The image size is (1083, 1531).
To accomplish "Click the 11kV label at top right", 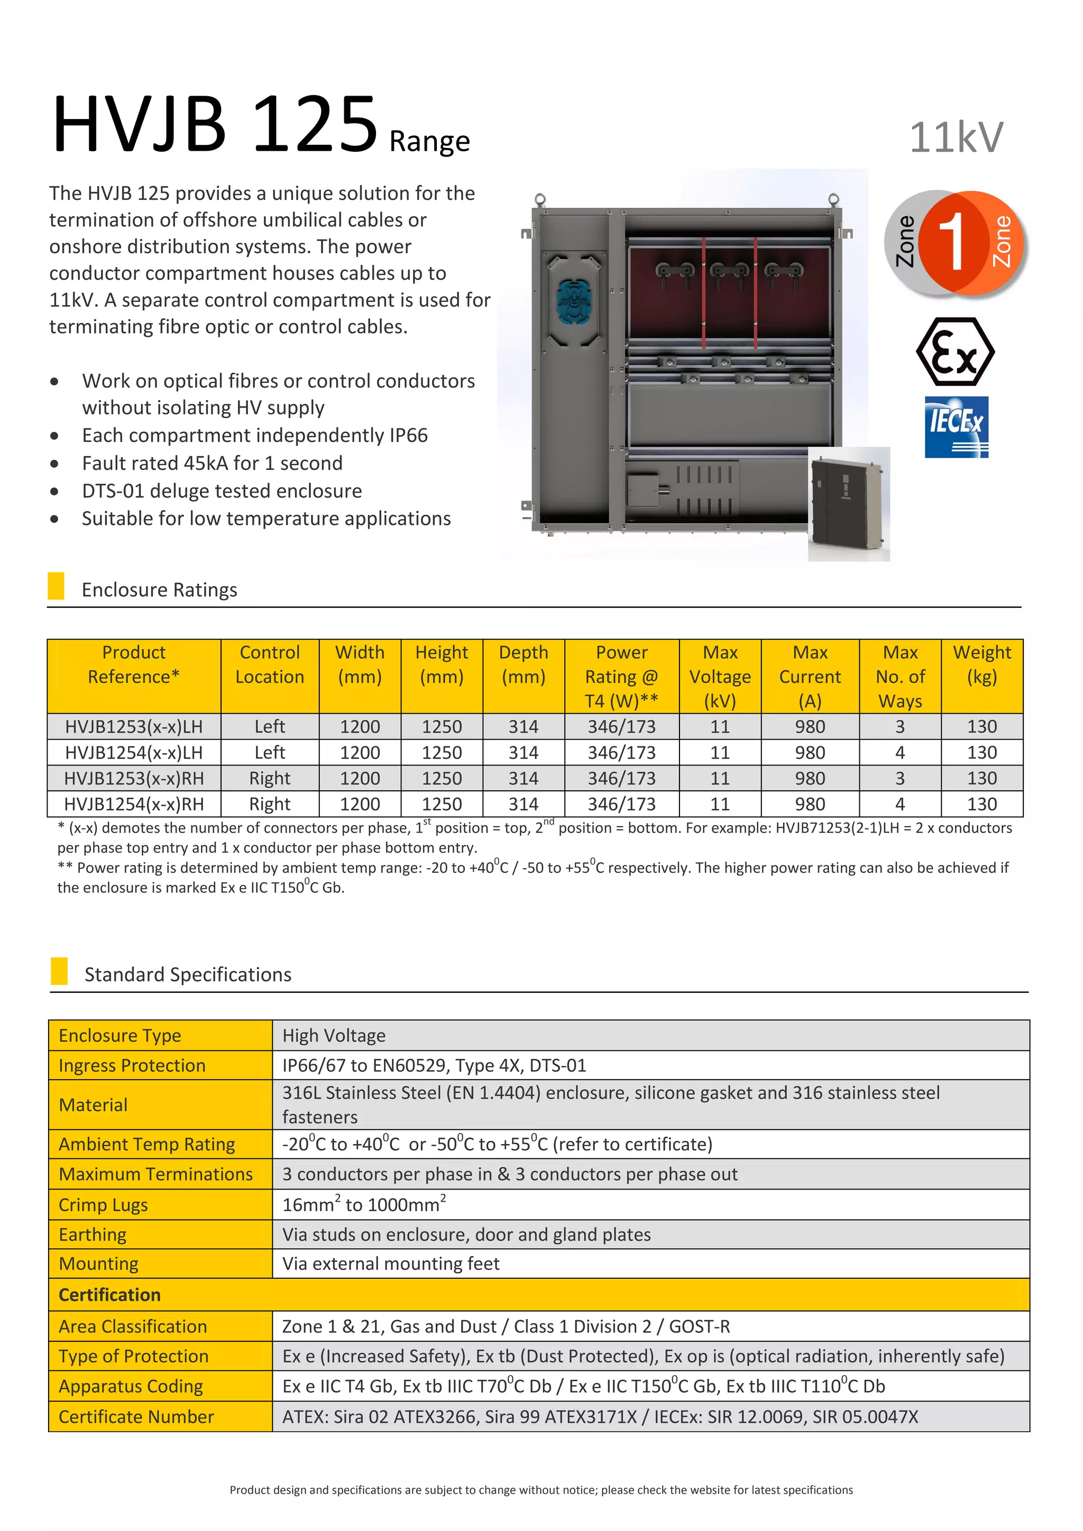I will tap(956, 138).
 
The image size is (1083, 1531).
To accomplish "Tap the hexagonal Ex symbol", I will tap(955, 352).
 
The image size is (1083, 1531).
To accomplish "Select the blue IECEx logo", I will tap(956, 427).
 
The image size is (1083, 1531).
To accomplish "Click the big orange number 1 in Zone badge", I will tap(952, 242).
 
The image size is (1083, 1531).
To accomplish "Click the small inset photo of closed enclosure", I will tap(849, 504).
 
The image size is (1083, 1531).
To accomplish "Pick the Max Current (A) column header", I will tap(810, 676).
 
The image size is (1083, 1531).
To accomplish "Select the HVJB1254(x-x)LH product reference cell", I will tap(133, 752).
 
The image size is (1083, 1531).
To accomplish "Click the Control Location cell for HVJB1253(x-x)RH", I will tap(269, 778).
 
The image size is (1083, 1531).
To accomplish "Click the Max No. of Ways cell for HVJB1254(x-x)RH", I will tap(900, 804).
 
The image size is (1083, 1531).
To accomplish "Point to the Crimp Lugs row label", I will tap(103, 1205).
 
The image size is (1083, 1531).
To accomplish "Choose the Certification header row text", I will tap(109, 1294).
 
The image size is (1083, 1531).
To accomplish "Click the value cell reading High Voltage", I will tap(334, 1036).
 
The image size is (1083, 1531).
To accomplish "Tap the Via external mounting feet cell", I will tap(391, 1263).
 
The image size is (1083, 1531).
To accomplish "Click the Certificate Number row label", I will tap(136, 1416).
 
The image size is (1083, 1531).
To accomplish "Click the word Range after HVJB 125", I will tap(429, 141).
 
